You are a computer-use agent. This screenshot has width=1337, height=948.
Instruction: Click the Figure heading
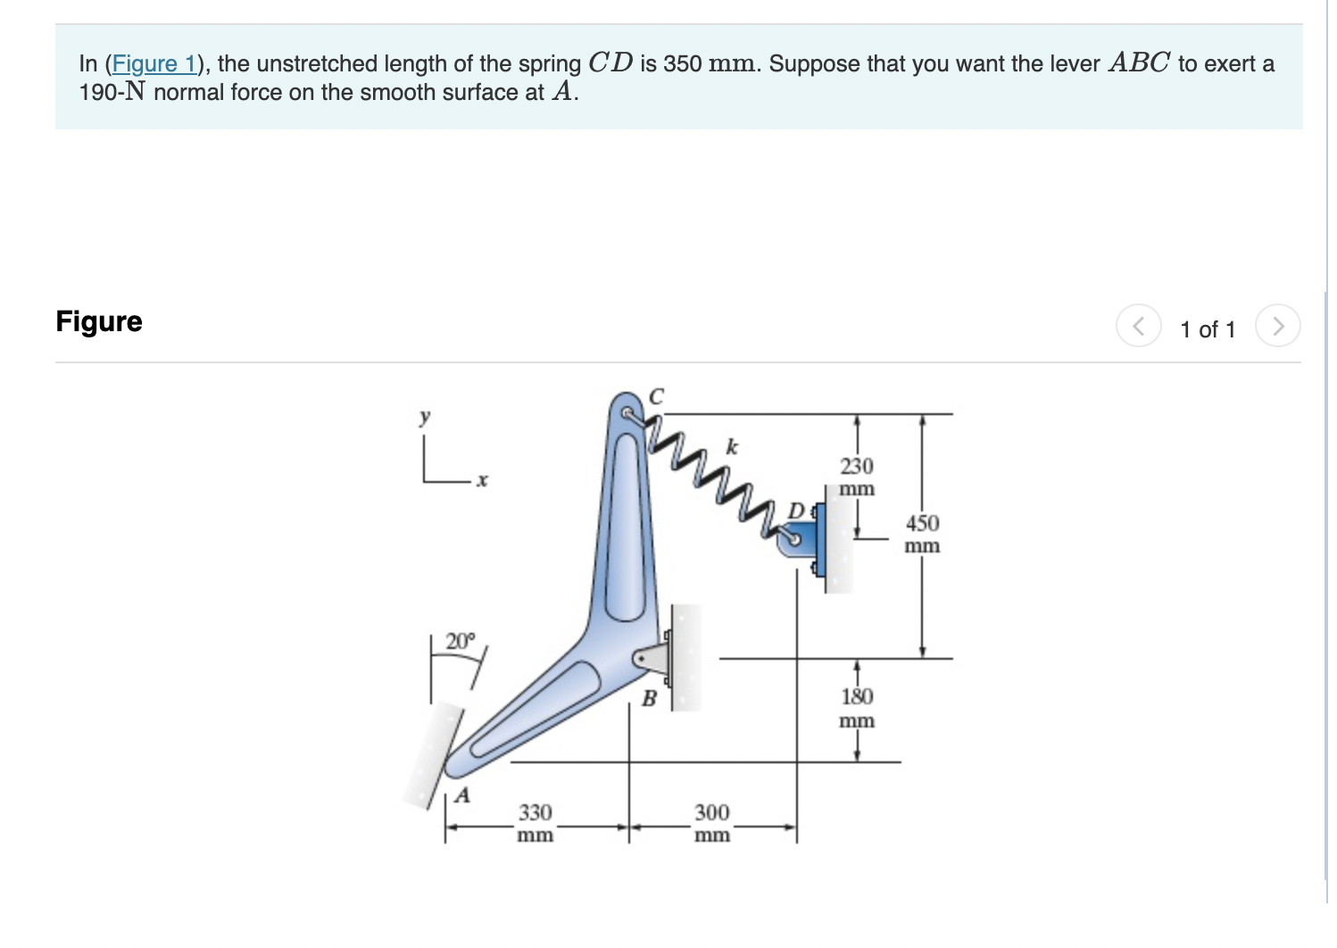[99, 321]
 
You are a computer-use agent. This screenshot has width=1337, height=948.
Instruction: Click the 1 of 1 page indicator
[1208, 329]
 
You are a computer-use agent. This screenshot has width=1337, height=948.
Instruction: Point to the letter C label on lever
[656, 396]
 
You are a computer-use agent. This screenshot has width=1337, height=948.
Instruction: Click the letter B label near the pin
[650, 699]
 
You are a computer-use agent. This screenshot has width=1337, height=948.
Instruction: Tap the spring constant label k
[733, 446]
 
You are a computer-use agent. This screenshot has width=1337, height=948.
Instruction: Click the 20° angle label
[461, 641]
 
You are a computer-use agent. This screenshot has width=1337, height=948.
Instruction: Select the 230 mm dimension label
[857, 477]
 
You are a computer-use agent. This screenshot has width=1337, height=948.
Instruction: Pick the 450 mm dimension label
[922, 533]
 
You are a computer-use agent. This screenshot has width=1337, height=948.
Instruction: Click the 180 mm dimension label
[857, 707]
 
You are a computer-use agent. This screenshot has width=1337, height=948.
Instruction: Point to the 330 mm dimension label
[536, 823]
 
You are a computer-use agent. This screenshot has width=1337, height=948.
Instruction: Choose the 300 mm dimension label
[712, 823]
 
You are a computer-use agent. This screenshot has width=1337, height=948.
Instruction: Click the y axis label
[426, 416]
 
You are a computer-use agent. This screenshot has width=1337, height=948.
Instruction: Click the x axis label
[482, 481]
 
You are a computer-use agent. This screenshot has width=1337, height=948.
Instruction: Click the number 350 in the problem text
[682, 64]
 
